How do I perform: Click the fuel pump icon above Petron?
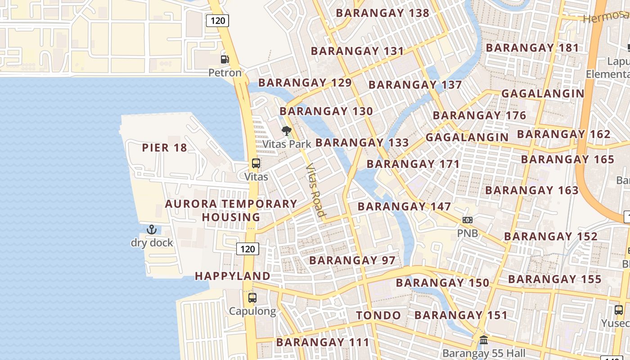pyautogui.click(x=225, y=59)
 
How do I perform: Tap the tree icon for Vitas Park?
pyautogui.click(x=286, y=131)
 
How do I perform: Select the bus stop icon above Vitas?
pyautogui.click(x=256, y=163)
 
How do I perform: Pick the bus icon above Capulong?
pyautogui.click(x=252, y=298)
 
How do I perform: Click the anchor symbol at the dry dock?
pyautogui.click(x=152, y=229)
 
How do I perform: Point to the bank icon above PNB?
pyautogui.click(x=468, y=220)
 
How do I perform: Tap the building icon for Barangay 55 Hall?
pyautogui.click(x=484, y=340)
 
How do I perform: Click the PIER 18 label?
pyautogui.click(x=164, y=148)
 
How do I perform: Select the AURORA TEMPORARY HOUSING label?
pyautogui.click(x=231, y=210)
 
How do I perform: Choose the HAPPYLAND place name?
pyautogui.click(x=233, y=276)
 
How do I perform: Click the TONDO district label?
pyautogui.click(x=378, y=315)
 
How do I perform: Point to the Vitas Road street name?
pyautogui.click(x=315, y=190)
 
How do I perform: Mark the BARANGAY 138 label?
pyautogui.click(x=382, y=13)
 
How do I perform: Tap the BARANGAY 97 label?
pyautogui.click(x=352, y=260)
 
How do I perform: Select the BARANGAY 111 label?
pyautogui.click(x=323, y=342)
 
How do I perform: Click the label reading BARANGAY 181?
pyautogui.click(x=532, y=48)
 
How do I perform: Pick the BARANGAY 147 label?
pyautogui.click(x=404, y=207)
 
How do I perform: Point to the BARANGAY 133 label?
pyautogui.click(x=362, y=143)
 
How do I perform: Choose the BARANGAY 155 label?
pyautogui.click(x=554, y=279)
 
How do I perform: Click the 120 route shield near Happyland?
pyautogui.click(x=247, y=249)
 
